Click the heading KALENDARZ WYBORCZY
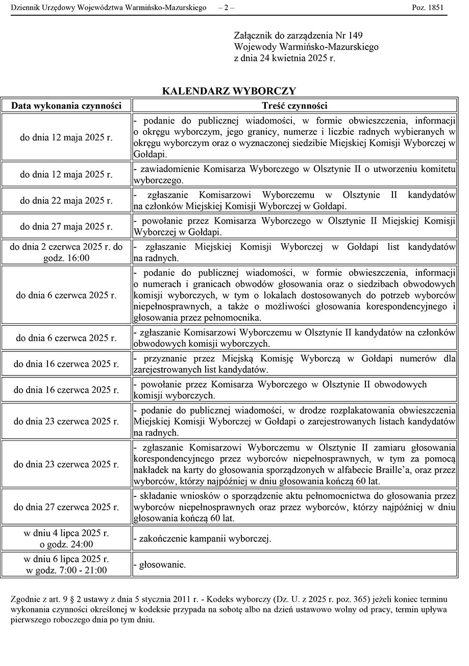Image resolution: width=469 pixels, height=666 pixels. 229,91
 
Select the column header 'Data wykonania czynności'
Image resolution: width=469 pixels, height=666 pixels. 66,106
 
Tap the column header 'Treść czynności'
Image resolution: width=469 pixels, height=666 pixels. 294,106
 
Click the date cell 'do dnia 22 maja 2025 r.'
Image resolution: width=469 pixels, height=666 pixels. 66,201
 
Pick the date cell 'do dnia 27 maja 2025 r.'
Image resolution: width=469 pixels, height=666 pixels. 66,226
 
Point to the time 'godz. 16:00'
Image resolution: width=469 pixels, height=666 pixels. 66,258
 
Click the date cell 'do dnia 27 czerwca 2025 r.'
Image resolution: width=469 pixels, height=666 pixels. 66,507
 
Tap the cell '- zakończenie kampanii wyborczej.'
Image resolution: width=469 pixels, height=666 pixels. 202,539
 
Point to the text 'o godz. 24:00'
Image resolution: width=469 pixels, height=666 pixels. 66,544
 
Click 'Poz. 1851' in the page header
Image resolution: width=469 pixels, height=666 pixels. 428,8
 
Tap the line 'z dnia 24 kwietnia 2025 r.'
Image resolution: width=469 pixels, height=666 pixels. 284,58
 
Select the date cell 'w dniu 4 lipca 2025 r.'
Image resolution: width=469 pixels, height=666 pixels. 66,533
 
